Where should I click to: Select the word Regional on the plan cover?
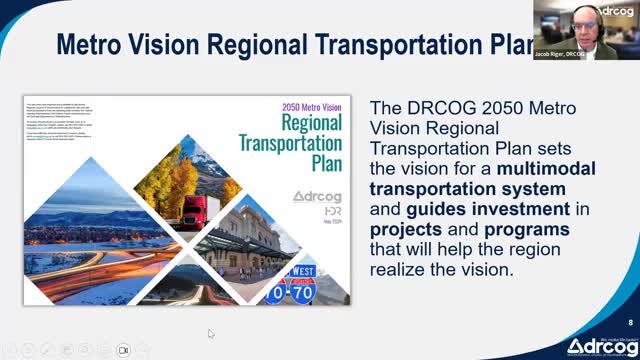290,123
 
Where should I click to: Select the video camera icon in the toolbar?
124,350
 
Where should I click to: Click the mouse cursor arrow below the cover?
211,333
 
